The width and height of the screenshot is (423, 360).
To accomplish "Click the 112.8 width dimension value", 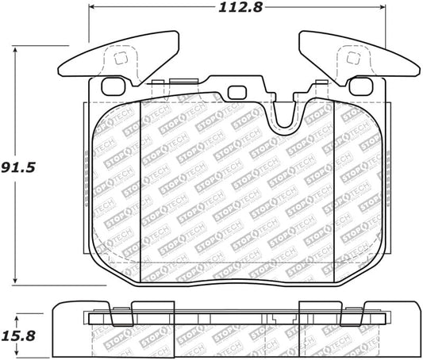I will click(237, 11).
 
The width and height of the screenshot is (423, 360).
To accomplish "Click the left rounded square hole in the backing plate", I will click(114, 87).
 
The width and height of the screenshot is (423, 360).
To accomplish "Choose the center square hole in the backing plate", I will click(236, 92).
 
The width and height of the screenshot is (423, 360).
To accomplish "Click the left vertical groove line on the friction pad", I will click(140, 190).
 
